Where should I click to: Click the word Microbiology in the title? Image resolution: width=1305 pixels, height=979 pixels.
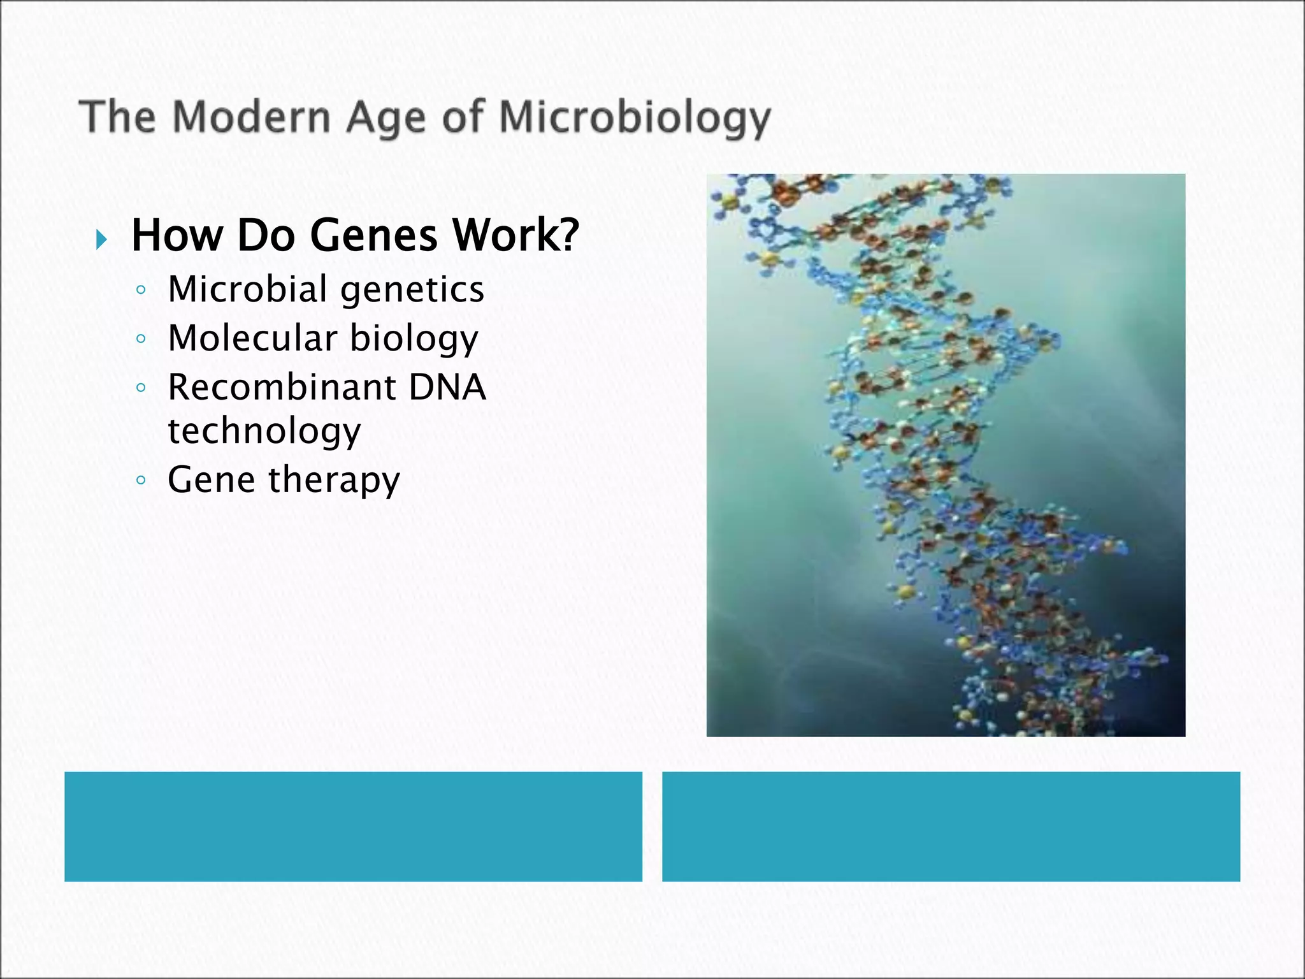pos(635,119)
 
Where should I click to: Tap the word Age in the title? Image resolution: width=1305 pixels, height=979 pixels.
pos(386,119)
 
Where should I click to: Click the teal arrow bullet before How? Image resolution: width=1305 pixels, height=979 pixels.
pos(101,240)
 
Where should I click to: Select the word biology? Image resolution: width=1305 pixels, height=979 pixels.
pos(414,339)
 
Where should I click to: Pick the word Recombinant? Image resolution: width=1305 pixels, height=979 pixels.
pos(282,387)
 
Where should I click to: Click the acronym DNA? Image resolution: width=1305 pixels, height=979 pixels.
pos(447,387)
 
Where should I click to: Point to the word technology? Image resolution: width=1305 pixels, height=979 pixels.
pos(264,431)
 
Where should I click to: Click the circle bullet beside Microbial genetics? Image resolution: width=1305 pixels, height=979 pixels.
pos(141,290)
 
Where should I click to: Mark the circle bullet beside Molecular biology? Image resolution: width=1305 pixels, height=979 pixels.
pos(141,338)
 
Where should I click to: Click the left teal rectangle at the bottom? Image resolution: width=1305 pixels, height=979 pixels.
pos(353,826)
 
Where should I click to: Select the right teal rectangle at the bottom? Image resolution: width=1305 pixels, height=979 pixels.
pos(951,826)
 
